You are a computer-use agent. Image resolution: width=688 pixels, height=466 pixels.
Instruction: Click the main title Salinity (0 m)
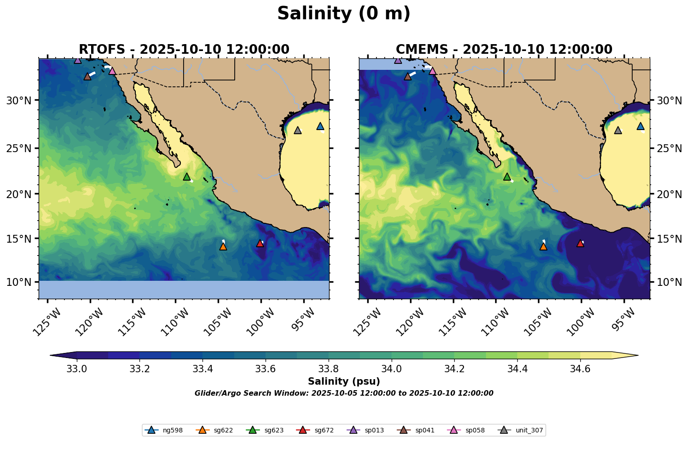[x=344, y=14]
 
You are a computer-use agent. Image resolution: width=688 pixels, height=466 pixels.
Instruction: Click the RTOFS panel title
[x=184, y=49]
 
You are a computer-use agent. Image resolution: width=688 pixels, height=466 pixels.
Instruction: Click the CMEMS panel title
[x=504, y=49]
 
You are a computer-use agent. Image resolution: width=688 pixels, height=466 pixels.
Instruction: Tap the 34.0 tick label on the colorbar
[x=392, y=369]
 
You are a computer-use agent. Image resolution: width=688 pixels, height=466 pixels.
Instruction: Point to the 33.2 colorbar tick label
[x=140, y=369]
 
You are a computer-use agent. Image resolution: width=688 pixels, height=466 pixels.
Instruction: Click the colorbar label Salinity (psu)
[x=344, y=381]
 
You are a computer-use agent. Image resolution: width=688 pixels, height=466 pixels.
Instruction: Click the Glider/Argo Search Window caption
[x=344, y=393]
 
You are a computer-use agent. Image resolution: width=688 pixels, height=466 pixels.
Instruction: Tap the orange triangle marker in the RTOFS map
[x=223, y=246]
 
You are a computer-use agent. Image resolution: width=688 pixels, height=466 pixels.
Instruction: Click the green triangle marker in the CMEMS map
[x=507, y=176]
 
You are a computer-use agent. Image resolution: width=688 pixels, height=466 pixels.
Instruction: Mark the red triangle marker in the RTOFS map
[x=260, y=243]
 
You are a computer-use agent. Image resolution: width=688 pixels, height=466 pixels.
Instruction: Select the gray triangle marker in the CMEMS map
[x=618, y=130]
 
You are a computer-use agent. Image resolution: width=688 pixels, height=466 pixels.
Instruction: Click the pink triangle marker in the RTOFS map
[x=112, y=71]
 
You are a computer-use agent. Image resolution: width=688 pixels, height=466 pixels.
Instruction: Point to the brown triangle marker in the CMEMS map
[x=408, y=76]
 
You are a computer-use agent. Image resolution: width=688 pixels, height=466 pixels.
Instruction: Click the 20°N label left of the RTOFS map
[x=18, y=193]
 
